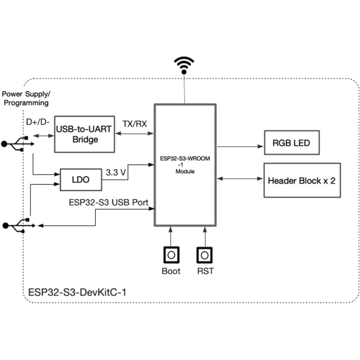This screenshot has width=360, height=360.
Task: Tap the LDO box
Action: click(81, 180)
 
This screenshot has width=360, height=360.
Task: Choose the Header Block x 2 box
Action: click(301, 180)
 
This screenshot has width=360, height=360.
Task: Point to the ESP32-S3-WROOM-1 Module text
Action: click(185, 165)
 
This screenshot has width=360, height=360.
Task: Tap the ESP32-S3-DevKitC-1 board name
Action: click(77, 292)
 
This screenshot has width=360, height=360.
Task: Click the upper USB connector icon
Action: click(17, 144)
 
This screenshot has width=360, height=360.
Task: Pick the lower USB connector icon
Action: click(17, 225)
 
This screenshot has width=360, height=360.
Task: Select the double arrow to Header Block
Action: click(240, 179)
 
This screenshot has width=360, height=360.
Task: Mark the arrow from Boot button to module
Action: click(171, 236)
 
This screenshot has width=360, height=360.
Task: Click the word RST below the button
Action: click(205, 271)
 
